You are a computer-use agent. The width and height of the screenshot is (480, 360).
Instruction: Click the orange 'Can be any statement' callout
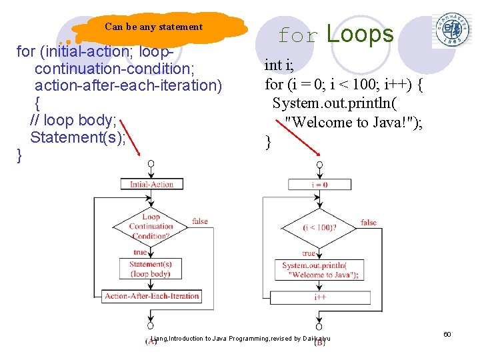click(155, 27)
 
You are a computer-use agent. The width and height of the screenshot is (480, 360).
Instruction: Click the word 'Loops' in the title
click(360, 34)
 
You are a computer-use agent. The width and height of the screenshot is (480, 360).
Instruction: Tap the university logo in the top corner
click(451, 30)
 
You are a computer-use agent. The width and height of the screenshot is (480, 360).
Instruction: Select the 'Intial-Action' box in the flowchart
click(151, 185)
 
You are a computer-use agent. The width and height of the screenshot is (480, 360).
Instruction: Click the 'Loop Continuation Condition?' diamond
click(151, 226)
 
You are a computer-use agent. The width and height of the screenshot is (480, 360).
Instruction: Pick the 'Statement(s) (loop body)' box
click(151, 269)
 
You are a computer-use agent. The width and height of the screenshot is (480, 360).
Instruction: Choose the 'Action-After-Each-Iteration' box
click(152, 296)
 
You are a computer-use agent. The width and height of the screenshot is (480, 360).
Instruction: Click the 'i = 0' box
click(319, 185)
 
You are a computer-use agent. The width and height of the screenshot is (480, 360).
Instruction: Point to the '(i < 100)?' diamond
click(319, 227)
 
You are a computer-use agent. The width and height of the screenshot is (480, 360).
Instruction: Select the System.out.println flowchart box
click(320, 270)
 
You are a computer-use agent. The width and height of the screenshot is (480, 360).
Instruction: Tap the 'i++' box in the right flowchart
click(320, 297)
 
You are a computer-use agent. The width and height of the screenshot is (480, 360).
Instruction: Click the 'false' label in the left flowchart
click(200, 221)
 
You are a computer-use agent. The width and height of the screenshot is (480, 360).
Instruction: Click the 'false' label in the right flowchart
click(369, 223)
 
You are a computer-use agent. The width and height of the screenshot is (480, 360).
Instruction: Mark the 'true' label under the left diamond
click(140, 252)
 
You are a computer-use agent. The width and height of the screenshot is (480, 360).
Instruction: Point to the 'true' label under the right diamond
click(309, 253)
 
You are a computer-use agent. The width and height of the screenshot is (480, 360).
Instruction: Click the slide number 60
click(447, 333)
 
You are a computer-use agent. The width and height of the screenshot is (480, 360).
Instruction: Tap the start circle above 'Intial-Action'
click(151, 163)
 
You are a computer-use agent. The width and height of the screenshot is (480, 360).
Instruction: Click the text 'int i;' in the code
click(279, 65)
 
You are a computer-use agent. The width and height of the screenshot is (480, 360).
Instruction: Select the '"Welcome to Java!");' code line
click(354, 122)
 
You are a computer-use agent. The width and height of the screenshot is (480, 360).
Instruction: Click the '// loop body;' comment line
click(74, 121)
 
